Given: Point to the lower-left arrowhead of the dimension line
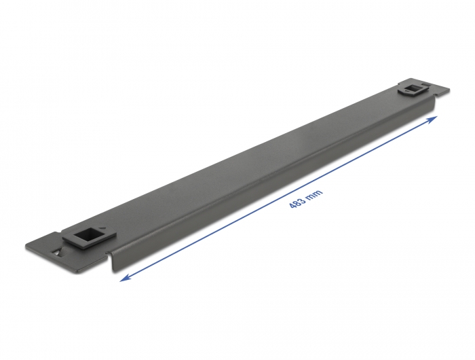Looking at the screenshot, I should coord(123,278).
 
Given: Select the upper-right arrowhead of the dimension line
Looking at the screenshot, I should coord(434,118).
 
